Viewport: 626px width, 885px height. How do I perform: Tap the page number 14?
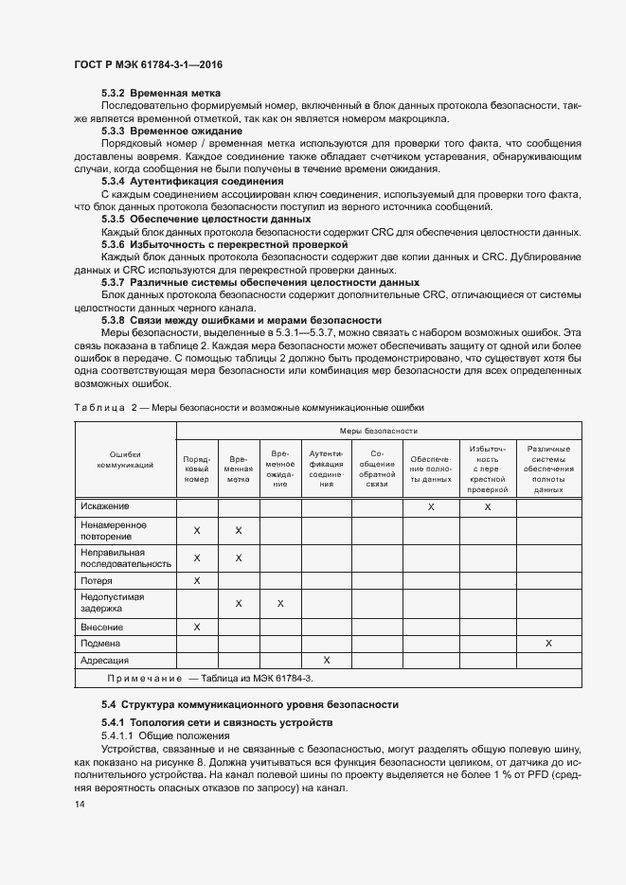[79, 804]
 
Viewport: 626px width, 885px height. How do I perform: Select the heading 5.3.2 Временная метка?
[161, 93]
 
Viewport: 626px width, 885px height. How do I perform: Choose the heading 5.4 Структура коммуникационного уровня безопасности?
[250, 704]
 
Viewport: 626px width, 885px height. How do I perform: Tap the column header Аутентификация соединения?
[327, 468]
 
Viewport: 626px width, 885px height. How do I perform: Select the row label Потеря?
[97, 580]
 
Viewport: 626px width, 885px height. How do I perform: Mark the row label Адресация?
[104, 660]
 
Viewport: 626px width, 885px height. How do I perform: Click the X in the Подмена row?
[548, 643]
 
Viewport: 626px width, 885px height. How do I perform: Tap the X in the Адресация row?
[327, 660]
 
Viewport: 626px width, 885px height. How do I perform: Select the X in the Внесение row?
[197, 626]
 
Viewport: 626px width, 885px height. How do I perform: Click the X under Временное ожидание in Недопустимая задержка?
[280, 603]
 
